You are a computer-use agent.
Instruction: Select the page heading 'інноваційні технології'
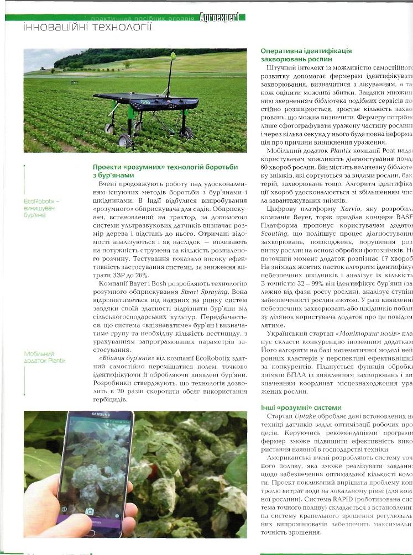coord(87,27)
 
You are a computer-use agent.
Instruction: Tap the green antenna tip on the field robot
coord(172,55)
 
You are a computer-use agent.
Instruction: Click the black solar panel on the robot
coord(145,99)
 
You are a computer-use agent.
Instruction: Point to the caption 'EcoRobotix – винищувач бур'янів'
coord(42,208)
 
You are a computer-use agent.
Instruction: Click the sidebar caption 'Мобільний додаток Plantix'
coord(45,357)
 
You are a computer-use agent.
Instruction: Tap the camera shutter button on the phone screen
coord(90,511)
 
